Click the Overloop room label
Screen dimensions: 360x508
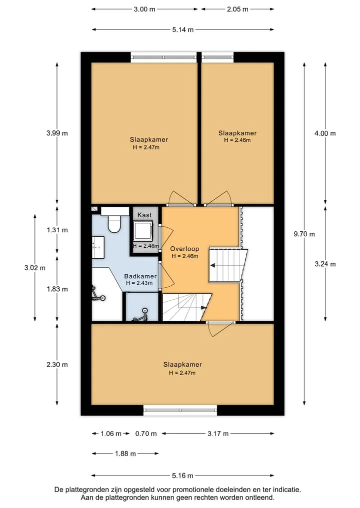coord(184,249)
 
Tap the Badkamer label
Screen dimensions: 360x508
coord(140,276)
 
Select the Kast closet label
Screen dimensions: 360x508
coord(144,215)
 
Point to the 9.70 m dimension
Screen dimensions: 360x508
coord(304,234)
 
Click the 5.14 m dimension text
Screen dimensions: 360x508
coord(183,30)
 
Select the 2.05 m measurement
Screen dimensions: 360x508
coord(237,9)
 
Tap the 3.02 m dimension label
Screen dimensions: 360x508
coord(34,268)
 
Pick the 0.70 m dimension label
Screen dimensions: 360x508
coord(146,434)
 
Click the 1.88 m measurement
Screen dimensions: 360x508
coord(125,454)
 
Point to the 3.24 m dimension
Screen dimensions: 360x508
coord(325,264)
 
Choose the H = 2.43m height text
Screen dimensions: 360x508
coord(139,283)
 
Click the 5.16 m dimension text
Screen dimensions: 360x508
coord(182,476)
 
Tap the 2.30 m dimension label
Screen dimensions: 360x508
coord(57,365)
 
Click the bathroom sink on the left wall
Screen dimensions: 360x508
coord(98,247)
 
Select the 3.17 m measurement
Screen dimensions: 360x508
coord(218,434)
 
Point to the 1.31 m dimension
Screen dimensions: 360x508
coord(57,230)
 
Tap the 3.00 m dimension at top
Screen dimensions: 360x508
coord(144,9)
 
